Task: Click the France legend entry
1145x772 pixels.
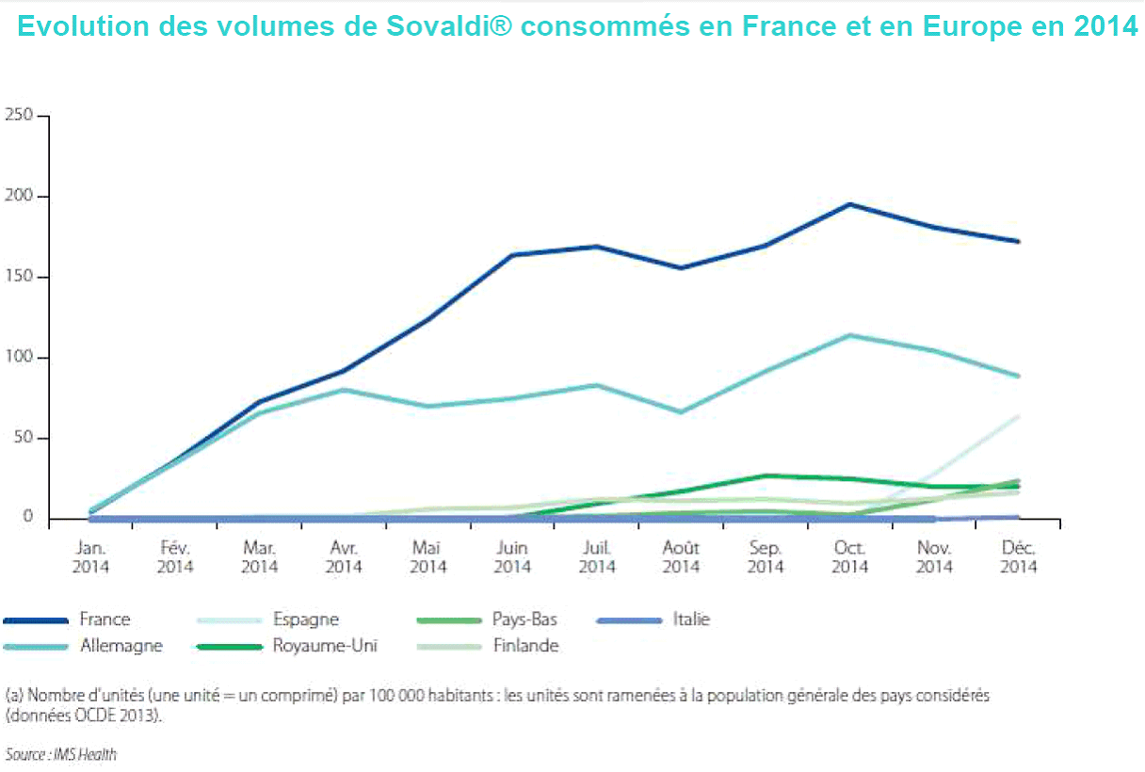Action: (x=105, y=619)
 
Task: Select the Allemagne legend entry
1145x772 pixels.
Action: (x=121, y=646)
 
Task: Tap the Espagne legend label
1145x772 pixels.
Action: (x=305, y=619)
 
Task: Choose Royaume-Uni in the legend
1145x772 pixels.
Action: (x=325, y=646)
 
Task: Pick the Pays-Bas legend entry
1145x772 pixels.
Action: (x=524, y=619)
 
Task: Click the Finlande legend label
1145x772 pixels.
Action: (x=525, y=646)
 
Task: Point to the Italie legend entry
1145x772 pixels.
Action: (x=691, y=619)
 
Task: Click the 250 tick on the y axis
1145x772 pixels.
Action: (x=19, y=116)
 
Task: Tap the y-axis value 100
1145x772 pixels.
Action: (x=19, y=358)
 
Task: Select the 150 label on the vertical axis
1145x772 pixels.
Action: (x=19, y=277)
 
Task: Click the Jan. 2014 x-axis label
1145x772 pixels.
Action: (x=90, y=556)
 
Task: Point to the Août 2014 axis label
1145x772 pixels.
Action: (x=681, y=556)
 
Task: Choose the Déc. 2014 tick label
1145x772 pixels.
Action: (x=1018, y=556)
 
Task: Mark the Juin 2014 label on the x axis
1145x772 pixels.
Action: (x=512, y=556)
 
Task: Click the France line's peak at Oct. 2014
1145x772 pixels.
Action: (x=849, y=204)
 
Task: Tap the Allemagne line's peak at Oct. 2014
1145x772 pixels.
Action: (x=849, y=335)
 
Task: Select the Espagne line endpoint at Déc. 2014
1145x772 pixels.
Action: (x=1018, y=416)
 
